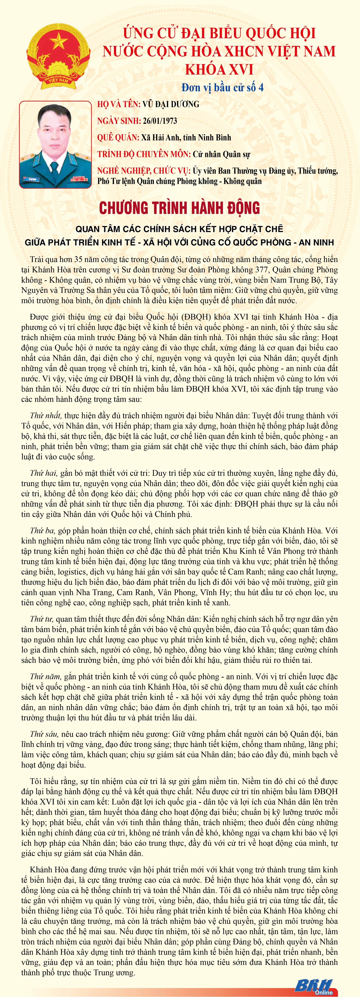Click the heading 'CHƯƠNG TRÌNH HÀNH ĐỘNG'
click(x=180, y=208)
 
